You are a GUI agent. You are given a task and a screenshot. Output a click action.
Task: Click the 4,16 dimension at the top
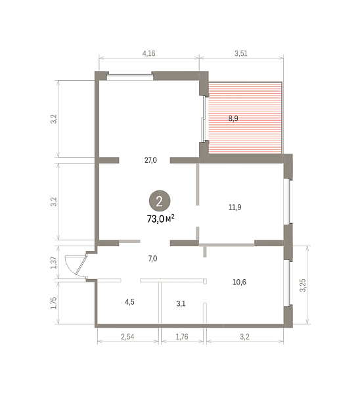click(149, 54)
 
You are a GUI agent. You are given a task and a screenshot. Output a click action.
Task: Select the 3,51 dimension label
click(241, 54)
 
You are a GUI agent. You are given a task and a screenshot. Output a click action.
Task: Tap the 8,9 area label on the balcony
click(233, 118)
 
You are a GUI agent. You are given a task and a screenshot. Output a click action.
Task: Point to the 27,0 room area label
click(150, 160)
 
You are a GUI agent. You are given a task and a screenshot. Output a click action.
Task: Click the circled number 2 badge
click(160, 201)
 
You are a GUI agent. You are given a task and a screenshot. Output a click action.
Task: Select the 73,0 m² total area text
click(161, 219)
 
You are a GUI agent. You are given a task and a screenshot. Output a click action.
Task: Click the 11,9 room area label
click(235, 208)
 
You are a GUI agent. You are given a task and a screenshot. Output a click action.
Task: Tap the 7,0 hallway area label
click(152, 259)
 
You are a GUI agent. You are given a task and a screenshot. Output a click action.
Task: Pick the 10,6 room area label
click(239, 282)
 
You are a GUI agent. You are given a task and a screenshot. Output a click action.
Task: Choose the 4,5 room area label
click(129, 302)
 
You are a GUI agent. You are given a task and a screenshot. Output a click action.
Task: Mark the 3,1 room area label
click(181, 304)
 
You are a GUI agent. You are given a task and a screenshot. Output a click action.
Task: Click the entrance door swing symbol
click(76, 266)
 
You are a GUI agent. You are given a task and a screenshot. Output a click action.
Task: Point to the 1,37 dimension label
click(54, 263)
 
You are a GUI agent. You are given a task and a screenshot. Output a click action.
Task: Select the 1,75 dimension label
click(54, 303)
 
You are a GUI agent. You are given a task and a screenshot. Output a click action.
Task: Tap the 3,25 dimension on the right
click(303, 285)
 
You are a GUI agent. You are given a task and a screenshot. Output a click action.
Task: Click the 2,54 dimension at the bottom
click(127, 337)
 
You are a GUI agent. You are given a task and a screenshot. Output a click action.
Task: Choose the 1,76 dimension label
click(182, 337)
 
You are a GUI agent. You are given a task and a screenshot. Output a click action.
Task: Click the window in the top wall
click(130, 76)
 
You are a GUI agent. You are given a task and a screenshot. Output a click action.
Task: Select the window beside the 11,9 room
click(288, 202)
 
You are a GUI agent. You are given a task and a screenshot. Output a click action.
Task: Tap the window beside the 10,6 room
click(288, 283)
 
